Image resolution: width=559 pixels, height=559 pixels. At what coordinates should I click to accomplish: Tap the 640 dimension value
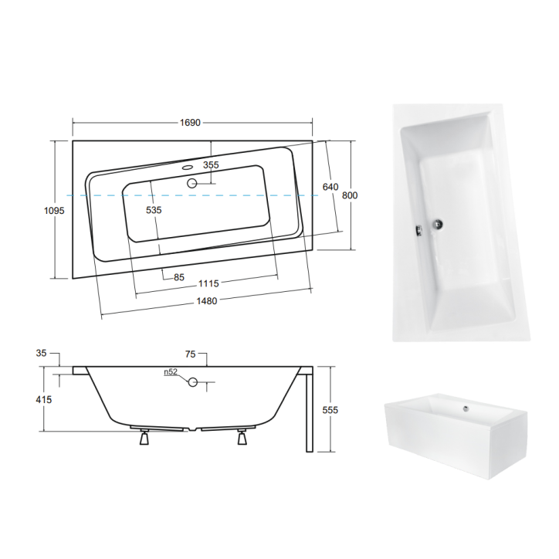(330, 187)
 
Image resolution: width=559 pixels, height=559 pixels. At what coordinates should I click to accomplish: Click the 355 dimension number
(211, 165)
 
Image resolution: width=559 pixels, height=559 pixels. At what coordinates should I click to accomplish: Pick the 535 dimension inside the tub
(154, 209)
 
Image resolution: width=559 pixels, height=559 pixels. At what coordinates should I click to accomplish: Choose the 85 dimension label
(178, 278)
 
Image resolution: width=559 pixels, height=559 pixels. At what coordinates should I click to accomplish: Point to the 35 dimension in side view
(42, 353)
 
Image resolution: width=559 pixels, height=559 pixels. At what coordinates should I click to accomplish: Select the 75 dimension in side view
(191, 353)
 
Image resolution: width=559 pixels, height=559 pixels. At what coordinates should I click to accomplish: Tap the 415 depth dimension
(43, 399)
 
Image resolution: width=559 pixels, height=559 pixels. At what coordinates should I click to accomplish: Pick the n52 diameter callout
(171, 372)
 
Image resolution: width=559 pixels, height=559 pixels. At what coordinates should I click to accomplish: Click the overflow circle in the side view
(194, 381)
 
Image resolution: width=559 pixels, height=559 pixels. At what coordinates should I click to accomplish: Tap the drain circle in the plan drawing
(192, 184)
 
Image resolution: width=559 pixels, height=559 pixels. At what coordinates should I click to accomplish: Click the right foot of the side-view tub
(242, 437)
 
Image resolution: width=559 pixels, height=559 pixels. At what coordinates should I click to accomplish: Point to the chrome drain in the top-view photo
(438, 225)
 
